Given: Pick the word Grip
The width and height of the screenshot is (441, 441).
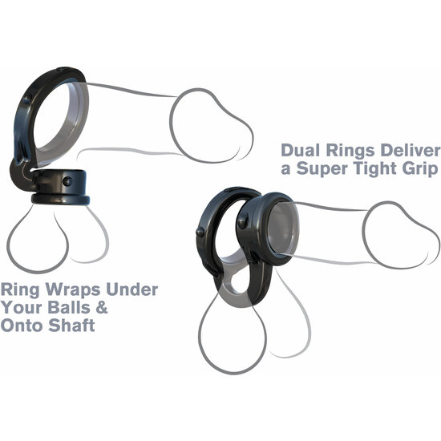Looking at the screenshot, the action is point(420,170).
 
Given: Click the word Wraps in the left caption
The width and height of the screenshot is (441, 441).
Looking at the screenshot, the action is point(72,290).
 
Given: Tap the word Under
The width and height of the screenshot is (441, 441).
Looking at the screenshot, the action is point(132,289).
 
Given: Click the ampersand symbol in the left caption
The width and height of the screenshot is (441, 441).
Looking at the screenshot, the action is point(102,307).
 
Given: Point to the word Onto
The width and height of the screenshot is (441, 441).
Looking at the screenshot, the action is point(22,326).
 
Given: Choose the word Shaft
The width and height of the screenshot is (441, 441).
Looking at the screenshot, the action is point(71,326).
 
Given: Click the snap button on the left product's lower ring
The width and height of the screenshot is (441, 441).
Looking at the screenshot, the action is point(67,181).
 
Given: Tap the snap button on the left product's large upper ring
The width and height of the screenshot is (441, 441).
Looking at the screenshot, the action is point(27,99).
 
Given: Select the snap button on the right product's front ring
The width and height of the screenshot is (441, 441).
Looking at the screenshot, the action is point(243,221).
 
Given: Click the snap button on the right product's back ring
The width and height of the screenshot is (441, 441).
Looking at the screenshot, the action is point(200,232).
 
